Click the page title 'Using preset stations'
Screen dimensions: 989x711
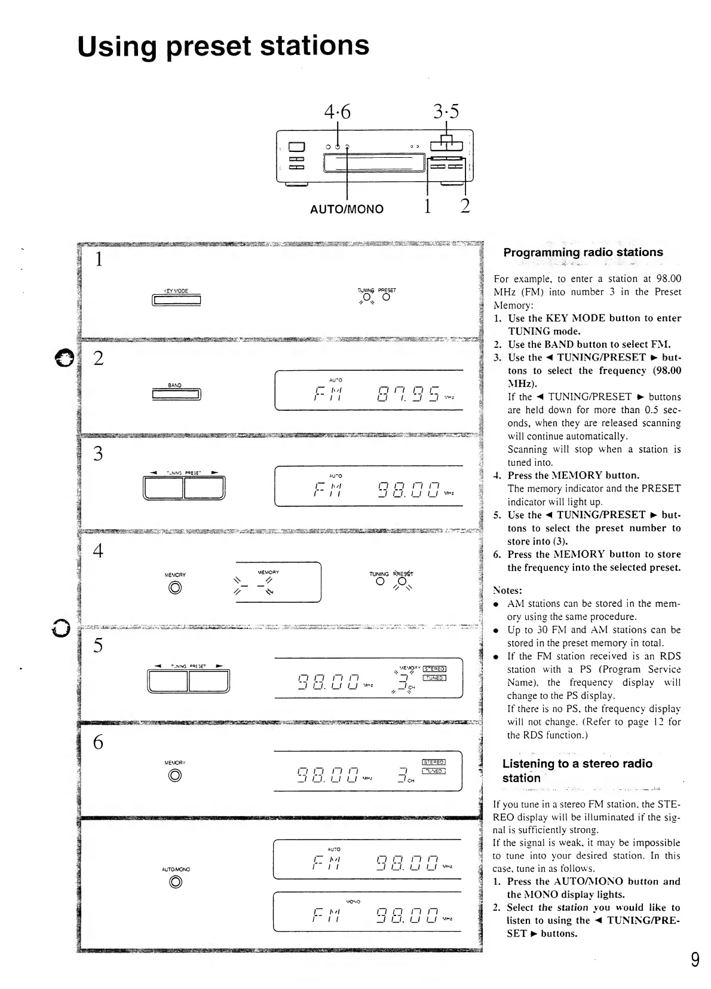(223, 46)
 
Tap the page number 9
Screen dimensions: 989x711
(695, 959)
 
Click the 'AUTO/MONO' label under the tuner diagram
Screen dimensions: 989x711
(347, 209)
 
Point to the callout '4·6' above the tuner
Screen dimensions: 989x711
(338, 112)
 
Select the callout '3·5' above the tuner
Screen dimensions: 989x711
(447, 112)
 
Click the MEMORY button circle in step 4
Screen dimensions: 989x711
(175, 588)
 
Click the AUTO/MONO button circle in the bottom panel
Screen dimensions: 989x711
(176, 882)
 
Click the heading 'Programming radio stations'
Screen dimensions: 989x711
(583, 252)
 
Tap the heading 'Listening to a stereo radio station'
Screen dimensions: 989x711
(577, 771)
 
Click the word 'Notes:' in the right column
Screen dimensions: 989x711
(507, 590)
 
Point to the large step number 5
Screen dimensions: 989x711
(98, 646)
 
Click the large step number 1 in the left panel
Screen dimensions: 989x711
(99, 260)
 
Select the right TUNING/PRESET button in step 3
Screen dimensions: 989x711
(204, 487)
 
